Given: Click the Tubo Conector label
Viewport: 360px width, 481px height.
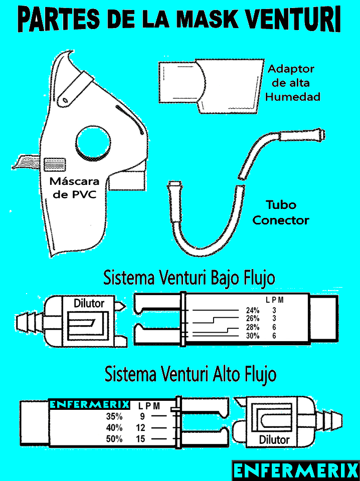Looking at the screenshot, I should tap(281, 212).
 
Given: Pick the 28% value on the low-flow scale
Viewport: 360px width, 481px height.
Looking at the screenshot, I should tap(253, 328).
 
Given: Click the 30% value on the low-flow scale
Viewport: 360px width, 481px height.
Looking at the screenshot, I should tap(253, 336).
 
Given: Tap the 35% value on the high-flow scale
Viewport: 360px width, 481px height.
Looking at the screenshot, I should tap(114, 416).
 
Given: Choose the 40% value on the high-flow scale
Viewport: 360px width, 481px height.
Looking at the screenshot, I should tap(114, 428).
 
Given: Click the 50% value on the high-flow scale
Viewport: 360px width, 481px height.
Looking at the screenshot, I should tap(114, 439).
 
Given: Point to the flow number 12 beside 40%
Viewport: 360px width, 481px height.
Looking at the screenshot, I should tap(141, 428).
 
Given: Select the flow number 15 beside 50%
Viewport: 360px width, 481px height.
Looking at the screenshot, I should tap(141, 439).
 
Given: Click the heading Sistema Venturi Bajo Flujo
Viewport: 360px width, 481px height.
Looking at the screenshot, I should tap(189, 277).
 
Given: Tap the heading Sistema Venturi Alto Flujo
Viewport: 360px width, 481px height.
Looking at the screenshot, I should tap(190, 374).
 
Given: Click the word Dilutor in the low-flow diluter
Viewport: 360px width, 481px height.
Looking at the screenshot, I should tap(89, 303).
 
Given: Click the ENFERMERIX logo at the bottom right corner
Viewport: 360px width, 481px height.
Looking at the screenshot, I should tap(296, 471).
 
